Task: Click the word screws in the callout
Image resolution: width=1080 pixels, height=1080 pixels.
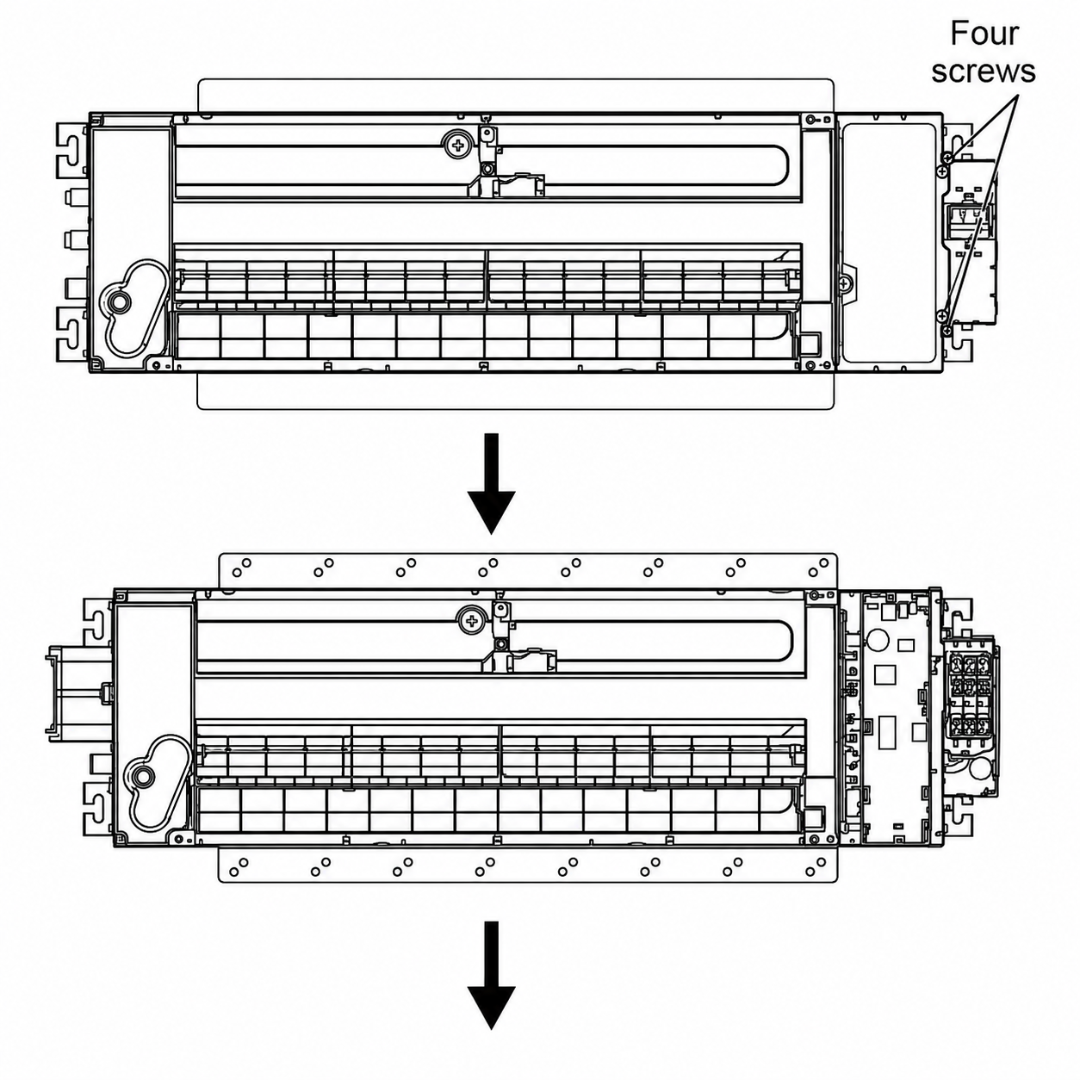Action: (x=984, y=71)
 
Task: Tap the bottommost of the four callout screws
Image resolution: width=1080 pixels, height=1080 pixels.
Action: (x=947, y=332)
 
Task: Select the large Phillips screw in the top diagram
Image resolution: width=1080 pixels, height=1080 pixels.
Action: (x=459, y=146)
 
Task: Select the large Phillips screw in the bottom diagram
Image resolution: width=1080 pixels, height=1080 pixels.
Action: (x=473, y=620)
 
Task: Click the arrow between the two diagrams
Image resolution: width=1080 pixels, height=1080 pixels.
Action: (x=492, y=484)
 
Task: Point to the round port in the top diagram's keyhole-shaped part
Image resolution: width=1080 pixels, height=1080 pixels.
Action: (x=119, y=302)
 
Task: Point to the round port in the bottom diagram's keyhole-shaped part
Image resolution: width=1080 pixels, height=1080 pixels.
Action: (x=143, y=778)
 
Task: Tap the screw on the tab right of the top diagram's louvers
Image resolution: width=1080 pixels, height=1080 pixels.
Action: (x=844, y=284)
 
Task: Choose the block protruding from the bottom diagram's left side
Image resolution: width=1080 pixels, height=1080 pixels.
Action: (x=79, y=689)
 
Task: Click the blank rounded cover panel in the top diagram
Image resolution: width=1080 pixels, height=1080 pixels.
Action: (x=889, y=243)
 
